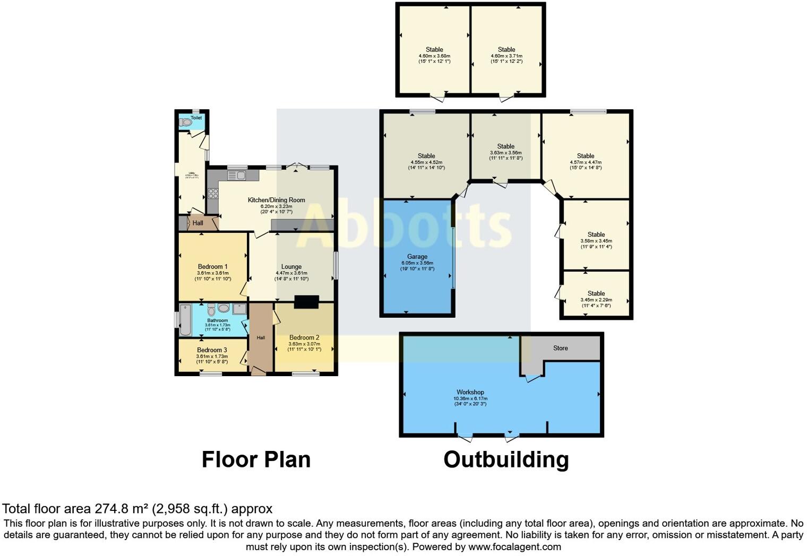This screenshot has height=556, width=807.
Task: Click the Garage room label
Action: pyautogui.click(x=417, y=256)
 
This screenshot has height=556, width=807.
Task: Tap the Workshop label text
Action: pyautogui.click(x=470, y=392)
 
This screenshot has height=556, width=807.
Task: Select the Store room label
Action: pyautogui.click(x=560, y=348)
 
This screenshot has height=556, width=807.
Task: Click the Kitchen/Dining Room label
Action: pyautogui.click(x=276, y=200)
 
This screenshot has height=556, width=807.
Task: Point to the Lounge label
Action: pyautogui.click(x=291, y=267)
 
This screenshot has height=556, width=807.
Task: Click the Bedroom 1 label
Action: pyautogui.click(x=212, y=266)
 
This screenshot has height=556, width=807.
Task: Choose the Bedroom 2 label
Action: pyautogui.click(x=304, y=337)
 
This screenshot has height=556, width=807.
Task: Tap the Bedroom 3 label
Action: pyautogui.click(x=212, y=350)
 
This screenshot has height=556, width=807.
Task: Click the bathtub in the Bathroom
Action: pyautogui.click(x=185, y=320)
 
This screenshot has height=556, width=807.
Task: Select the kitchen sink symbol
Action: pyautogui.click(x=236, y=175)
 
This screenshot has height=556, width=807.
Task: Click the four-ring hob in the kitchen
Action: pyautogui.click(x=213, y=194)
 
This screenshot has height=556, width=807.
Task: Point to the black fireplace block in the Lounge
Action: pyautogui.click(x=306, y=302)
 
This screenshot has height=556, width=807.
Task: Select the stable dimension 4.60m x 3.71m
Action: pyautogui.click(x=506, y=56)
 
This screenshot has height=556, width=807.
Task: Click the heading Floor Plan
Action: pyautogui.click(x=256, y=459)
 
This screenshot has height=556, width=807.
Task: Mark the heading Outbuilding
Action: pyautogui.click(x=506, y=459)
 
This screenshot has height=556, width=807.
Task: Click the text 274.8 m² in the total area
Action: pyautogui.click(x=122, y=509)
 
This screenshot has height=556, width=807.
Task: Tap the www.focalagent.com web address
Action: pyautogui.click(x=514, y=546)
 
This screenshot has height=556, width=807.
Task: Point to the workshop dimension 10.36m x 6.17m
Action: pyautogui.click(x=470, y=398)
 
